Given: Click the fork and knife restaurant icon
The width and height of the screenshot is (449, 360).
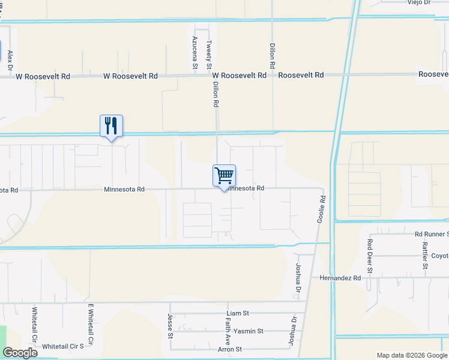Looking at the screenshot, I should point(111,126).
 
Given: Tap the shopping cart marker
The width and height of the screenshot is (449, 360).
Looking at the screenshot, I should point(224,176).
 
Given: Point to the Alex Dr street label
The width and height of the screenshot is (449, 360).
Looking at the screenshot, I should point(10,61).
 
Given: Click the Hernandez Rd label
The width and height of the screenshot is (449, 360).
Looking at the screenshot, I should point(340,278).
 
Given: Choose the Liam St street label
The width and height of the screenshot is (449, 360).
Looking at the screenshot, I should point(238,313).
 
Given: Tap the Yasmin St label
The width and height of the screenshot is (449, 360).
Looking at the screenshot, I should point(248,331).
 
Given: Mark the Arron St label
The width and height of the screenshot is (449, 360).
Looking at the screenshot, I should point(230,349).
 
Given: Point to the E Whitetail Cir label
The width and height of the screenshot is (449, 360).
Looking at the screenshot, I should point(91,325).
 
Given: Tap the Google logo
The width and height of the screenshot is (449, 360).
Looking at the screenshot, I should point(20,353).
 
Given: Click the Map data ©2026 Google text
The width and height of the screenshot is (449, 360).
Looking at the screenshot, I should point(412,355).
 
